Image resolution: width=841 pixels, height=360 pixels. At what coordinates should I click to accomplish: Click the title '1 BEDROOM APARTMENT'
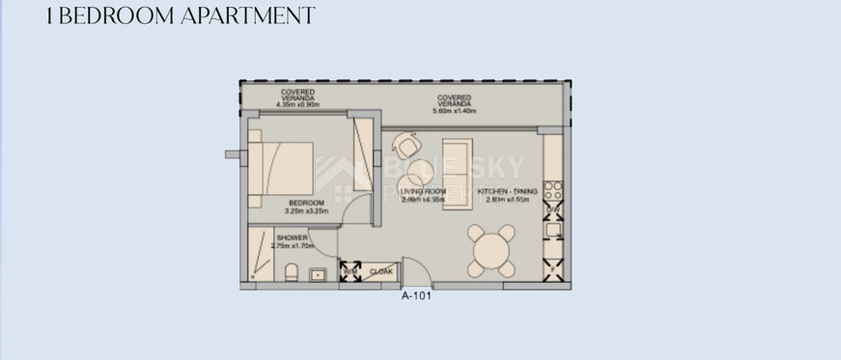pos(182,16)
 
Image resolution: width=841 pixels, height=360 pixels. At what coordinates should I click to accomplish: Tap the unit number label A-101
pos(415,297)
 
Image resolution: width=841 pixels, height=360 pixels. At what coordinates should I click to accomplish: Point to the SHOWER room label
pos(292,237)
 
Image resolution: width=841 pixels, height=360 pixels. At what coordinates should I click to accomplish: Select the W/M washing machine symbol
pos(350,271)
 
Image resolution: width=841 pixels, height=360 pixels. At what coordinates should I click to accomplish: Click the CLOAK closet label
pos(381,272)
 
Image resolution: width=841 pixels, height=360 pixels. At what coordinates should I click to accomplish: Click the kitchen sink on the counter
pos(553,231)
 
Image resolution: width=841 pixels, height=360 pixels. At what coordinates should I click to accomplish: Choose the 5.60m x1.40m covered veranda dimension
pos(454,109)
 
